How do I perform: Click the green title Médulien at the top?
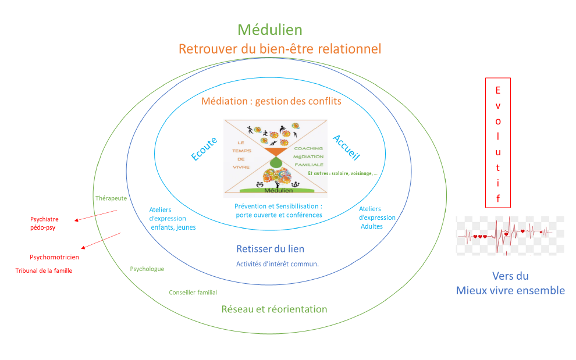coord(270,30)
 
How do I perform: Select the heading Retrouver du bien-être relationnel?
coord(280,49)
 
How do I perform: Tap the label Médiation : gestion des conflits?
coord(271,101)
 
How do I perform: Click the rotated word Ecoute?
coord(204,148)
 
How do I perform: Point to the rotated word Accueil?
coord(346,148)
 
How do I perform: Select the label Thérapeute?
coord(111,198)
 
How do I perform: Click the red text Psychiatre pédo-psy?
coord(45,223)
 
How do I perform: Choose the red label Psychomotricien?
coord(54,256)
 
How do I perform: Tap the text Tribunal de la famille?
coord(44,270)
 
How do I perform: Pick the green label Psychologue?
coord(147,269)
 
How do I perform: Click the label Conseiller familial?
coord(193,293)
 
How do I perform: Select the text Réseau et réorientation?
coord(274,309)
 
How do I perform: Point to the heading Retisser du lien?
coord(269,249)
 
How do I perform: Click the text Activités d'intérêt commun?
coord(277,264)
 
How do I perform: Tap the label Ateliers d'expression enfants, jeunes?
coord(173,218)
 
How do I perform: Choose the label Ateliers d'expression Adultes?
coord(377,218)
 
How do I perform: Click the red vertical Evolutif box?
coord(497,142)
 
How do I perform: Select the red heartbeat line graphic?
coord(510,235)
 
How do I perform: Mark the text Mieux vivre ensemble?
coord(510,290)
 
